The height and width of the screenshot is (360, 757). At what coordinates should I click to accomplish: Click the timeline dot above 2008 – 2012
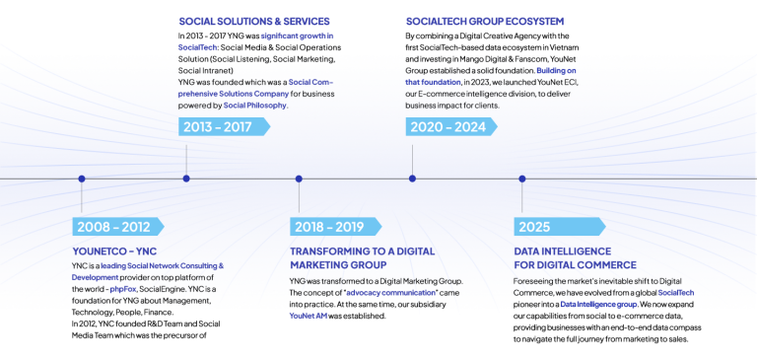(x=82, y=179)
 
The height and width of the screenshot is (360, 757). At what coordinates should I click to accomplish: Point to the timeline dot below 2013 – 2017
(x=186, y=179)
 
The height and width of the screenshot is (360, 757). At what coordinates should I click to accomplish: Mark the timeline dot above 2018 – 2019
(x=299, y=179)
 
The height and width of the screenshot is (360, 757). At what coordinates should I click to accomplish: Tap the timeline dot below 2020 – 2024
(x=412, y=179)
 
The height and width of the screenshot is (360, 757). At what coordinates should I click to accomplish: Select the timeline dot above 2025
(x=522, y=179)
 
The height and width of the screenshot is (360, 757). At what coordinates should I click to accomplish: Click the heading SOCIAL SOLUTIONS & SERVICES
(x=254, y=21)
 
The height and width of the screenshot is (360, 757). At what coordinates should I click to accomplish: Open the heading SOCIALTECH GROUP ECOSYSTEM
(x=485, y=21)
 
